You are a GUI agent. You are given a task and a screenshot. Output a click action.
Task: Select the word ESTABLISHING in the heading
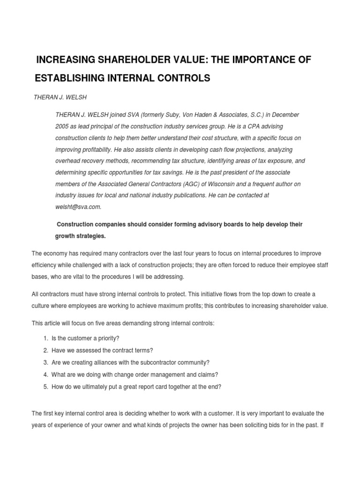point(71,78)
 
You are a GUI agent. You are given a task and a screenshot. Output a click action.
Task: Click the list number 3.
point(45,362)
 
